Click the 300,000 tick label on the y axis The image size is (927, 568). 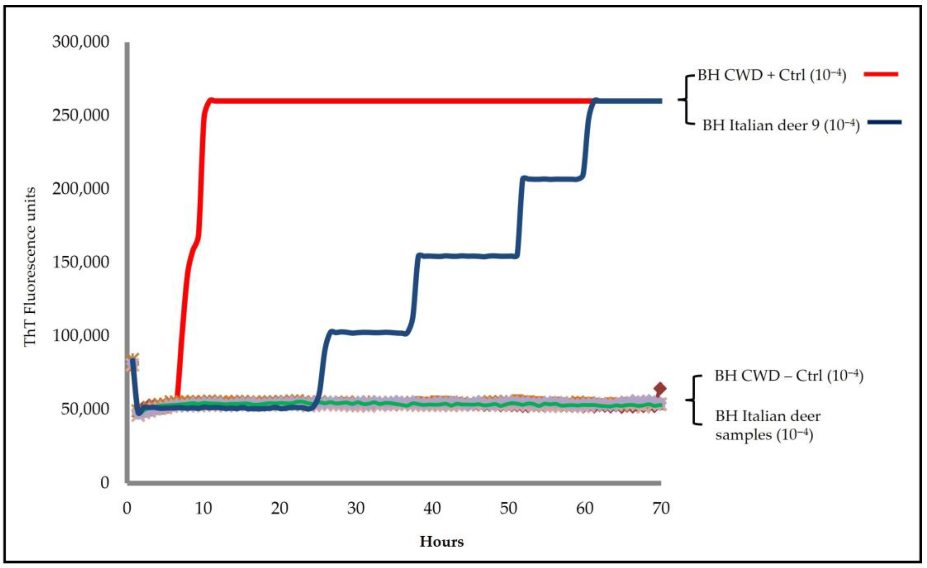click(81, 42)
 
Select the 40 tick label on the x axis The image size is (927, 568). click(432, 509)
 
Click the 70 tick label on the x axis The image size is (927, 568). click(661, 509)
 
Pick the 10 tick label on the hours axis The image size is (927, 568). click(203, 509)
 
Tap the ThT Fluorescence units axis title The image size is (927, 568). click(30, 267)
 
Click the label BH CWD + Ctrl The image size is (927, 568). click(772, 75)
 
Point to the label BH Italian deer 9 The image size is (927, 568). click(781, 125)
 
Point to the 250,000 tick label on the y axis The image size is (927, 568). click(81, 115)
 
